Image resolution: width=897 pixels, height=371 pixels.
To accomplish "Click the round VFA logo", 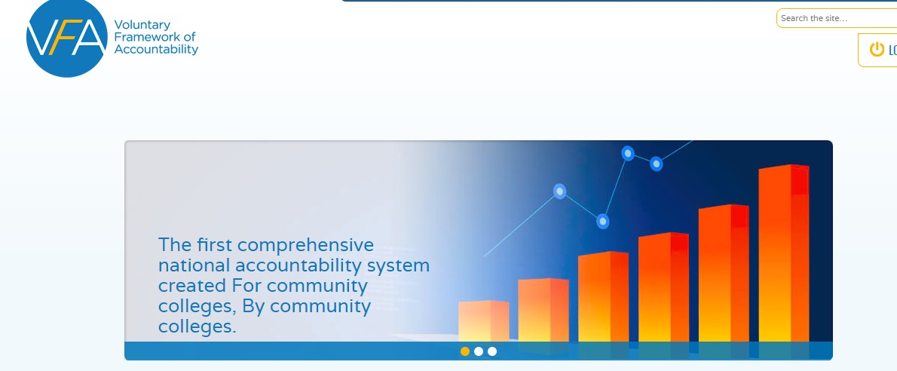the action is [67, 37].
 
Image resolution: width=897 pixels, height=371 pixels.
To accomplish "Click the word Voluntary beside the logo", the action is [142, 25].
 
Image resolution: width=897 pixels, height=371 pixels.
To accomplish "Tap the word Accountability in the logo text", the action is [156, 49].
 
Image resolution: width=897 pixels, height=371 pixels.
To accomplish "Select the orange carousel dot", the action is [465, 351].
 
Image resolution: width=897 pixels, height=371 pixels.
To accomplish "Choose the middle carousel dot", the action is [479, 351].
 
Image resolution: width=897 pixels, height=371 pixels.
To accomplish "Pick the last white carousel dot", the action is [492, 351].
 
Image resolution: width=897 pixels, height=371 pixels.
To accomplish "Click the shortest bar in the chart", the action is [483, 321].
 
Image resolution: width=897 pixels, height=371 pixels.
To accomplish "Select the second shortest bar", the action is [543, 311].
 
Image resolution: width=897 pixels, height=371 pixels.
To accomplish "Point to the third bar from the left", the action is [604, 296].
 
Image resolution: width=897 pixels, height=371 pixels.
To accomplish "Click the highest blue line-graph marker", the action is [628, 153].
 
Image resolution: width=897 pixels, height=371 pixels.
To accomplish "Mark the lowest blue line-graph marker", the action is [602, 221].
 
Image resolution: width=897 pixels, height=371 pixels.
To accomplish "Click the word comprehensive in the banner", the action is [305, 246].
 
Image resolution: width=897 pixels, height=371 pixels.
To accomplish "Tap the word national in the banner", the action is [194, 265].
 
